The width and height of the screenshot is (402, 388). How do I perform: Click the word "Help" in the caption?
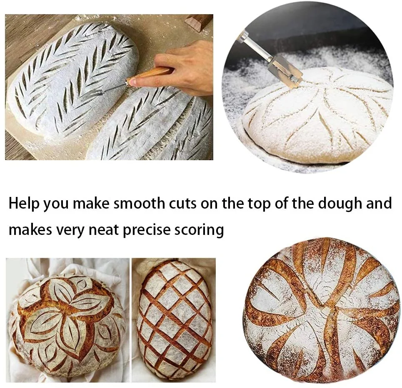click(24, 203)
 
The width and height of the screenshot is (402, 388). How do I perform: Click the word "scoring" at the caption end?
click(199, 230)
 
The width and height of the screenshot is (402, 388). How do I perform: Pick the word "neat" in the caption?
click(104, 230)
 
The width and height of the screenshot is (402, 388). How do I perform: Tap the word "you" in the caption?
click(56, 205)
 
